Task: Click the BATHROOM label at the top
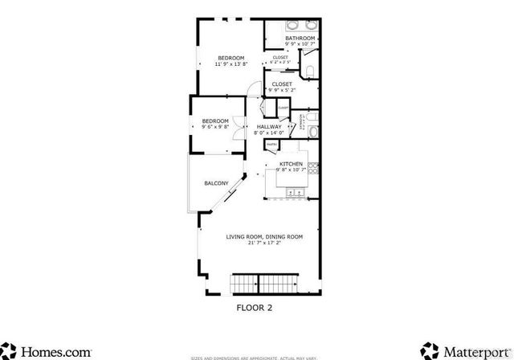(300, 38)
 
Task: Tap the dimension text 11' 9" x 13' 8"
(230, 63)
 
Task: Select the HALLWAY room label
(269, 127)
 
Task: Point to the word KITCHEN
(290, 163)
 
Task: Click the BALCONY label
(215, 183)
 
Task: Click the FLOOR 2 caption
(255, 306)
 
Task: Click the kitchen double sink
(294, 192)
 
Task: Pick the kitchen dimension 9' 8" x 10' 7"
(291, 170)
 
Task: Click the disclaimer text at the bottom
(255, 357)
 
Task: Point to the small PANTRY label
(272, 145)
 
